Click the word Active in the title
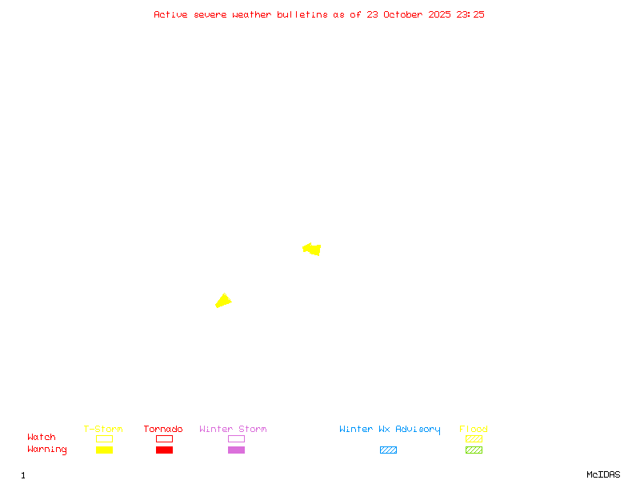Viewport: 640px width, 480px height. coord(170,14)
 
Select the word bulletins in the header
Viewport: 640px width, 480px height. coord(302,14)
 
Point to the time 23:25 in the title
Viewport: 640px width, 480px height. coord(470,14)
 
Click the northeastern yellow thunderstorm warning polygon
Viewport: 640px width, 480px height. coord(313,250)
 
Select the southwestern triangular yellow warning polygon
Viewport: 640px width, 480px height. coord(223,301)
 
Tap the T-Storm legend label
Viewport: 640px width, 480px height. coord(103,430)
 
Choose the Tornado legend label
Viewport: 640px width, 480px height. coord(163,430)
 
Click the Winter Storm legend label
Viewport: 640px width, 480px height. coord(233,430)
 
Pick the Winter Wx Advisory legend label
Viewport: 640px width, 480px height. coord(390,430)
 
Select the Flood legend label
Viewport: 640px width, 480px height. coord(474,430)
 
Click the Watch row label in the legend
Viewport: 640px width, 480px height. coord(42,438)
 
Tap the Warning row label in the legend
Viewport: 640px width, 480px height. coord(47,450)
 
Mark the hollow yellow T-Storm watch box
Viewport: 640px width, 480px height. coord(104,438)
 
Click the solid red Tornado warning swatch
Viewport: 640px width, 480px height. coord(164,450)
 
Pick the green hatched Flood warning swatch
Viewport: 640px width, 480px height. coord(474,450)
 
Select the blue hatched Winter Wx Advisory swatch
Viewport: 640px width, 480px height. coord(388,450)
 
